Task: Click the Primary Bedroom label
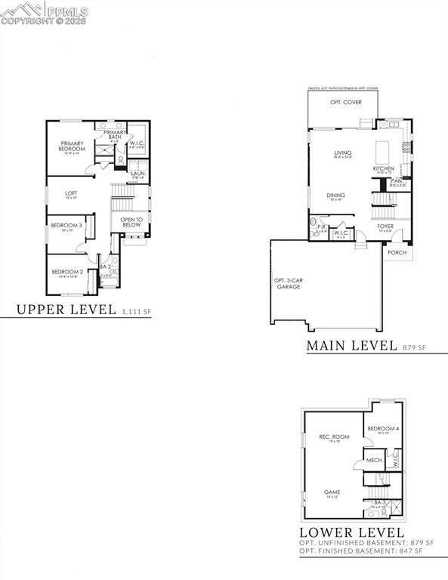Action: point(73,146)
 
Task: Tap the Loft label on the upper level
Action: point(70,193)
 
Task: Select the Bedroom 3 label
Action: point(67,225)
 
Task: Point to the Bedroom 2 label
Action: point(66,272)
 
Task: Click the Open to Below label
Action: point(131,223)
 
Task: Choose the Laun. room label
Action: point(137,174)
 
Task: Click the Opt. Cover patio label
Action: point(345,102)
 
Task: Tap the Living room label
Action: point(343,153)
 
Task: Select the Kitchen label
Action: point(383,168)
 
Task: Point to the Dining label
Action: point(336,196)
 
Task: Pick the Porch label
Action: point(397,252)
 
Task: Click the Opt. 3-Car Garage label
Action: point(288,284)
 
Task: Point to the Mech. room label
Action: point(373,459)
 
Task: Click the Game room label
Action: point(332,491)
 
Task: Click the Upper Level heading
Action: point(66,309)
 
